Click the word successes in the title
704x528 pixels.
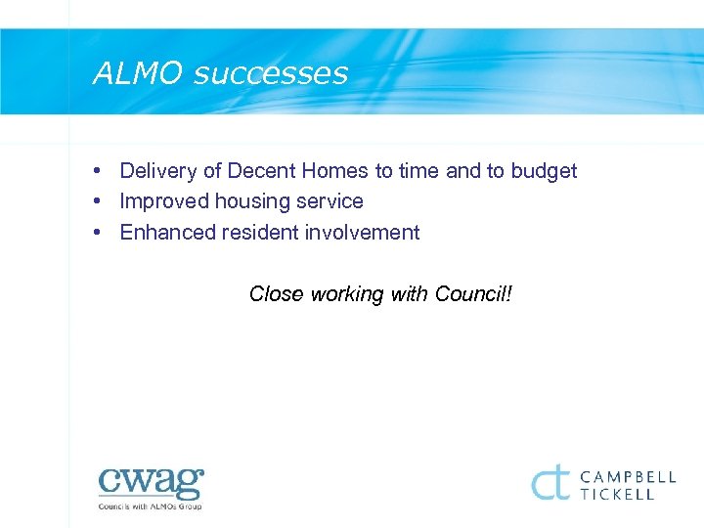(271, 74)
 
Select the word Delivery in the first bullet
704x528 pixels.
(158, 171)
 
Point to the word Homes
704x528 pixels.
(334, 171)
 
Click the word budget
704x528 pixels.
(544, 171)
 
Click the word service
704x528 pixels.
(330, 201)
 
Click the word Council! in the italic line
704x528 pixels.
(473, 293)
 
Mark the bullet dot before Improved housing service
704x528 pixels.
(100, 201)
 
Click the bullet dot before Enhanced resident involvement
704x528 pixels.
(100, 233)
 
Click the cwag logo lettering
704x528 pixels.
(151, 483)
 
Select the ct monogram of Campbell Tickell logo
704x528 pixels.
(551, 482)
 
